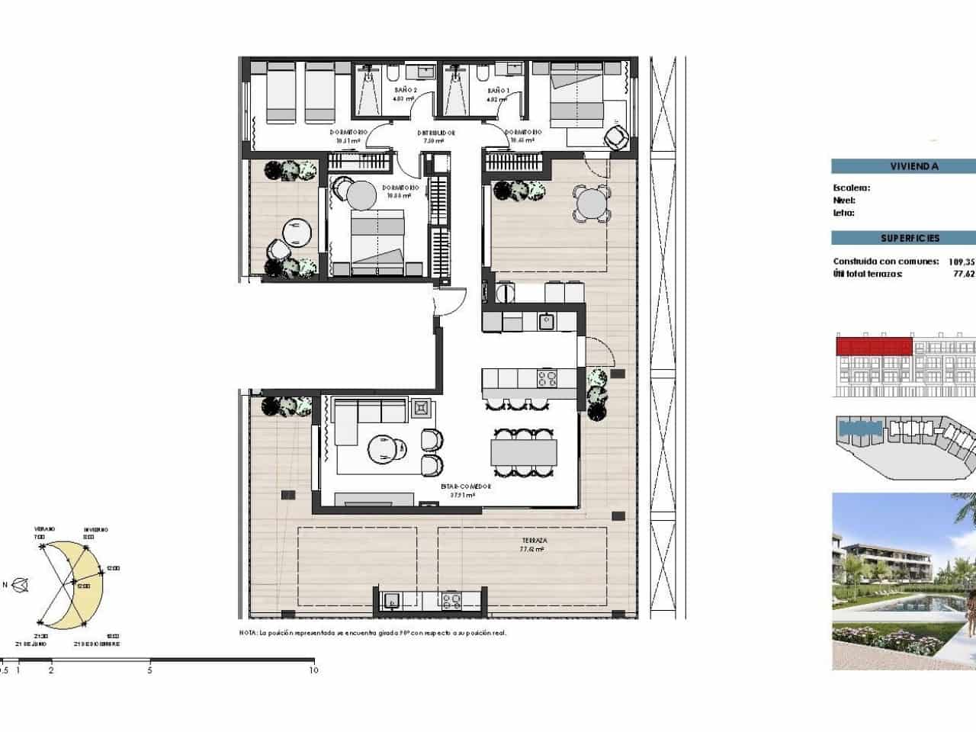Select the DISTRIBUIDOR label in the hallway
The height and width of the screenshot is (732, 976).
[x=436, y=133]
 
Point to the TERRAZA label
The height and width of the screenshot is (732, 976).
[x=532, y=541]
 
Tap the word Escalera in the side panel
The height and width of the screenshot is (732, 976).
[x=851, y=188]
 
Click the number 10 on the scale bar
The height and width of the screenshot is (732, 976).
[x=313, y=670]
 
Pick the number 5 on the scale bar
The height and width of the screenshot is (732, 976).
[x=150, y=670]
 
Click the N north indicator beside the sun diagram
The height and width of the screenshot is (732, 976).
[x=6, y=585]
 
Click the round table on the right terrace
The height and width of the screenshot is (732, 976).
[x=591, y=204]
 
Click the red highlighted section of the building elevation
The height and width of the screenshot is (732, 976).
[x=874, y=347]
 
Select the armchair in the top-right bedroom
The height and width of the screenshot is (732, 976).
[x=616, y=137]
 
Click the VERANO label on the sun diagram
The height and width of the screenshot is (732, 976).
[x=44, y=529]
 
